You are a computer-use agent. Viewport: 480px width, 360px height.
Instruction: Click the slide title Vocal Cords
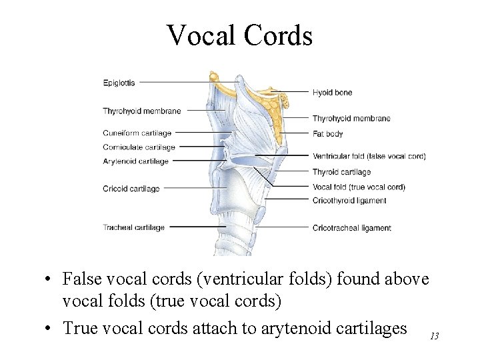(239, 35)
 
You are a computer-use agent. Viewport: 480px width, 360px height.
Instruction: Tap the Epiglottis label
(119, 83)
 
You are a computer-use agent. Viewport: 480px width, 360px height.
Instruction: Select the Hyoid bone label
(332, 93)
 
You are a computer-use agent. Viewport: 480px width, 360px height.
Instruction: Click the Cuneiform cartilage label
(137, 133)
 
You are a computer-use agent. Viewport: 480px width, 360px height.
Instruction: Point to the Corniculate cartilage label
(139, 147)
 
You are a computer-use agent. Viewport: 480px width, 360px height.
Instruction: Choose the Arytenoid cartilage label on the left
(135, 161)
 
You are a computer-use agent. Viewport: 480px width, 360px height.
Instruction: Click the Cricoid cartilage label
(131, 189)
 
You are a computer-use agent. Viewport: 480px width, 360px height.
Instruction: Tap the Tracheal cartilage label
(133, 227)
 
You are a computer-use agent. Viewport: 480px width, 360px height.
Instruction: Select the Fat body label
(327, 133)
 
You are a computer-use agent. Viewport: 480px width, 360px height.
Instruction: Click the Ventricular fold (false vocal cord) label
(369, 156)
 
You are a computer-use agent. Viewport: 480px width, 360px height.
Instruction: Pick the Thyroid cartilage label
(341, 172)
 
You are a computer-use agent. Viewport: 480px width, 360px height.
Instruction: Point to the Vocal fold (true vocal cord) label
(359, 187)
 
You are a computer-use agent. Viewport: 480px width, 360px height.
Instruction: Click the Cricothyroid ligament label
(349, 201)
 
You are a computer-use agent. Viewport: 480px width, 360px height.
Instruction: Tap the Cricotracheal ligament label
(351, 228)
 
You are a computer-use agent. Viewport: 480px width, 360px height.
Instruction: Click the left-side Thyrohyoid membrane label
(141, 111)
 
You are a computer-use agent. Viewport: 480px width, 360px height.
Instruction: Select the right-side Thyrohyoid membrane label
(351, 119)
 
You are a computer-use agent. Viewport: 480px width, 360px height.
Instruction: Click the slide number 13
(434, 336)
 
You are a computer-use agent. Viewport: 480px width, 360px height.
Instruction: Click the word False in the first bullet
(83, 279)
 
